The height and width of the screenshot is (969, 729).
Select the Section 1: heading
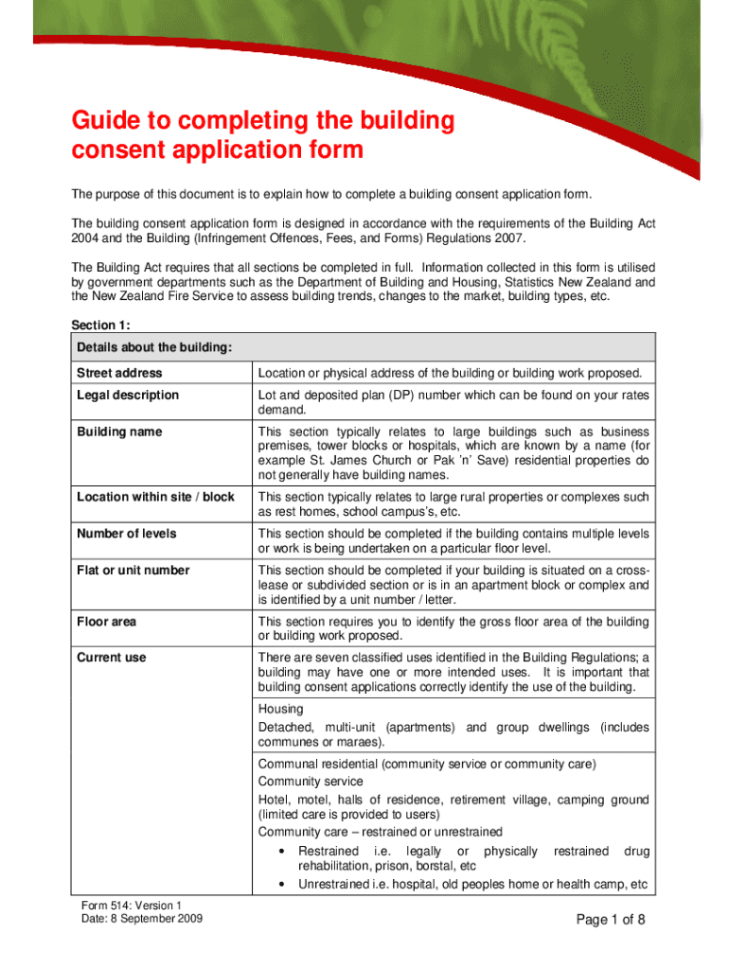tap(101, 325)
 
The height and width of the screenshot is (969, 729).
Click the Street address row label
tap(119, 373)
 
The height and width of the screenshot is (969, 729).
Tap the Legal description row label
tap(127, 395)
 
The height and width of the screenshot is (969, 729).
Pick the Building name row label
tap(119, 432)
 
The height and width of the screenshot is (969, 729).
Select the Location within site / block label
tap(155, 497)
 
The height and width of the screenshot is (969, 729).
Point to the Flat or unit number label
tap(133, 571)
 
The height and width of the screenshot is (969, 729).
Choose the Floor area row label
tap(106, 622)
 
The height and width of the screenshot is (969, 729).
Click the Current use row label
tap(112, 658)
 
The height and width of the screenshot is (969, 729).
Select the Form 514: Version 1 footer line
tap(131, 906)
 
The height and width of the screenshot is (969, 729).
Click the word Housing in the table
tap(281, 709)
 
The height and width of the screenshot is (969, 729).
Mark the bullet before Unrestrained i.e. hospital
tap(284, 886)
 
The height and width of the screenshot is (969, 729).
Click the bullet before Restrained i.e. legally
tap(284, 852)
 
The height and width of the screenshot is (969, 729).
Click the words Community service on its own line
tap(311, 782)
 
